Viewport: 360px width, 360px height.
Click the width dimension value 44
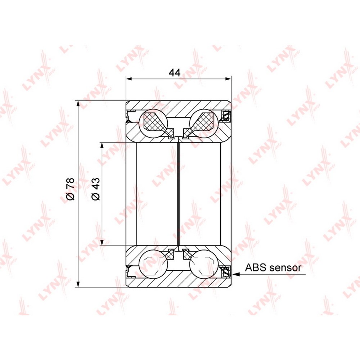pyautogui.click(x=175, y=73)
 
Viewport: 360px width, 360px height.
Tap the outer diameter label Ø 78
pyautogui.click(x=70, y=189)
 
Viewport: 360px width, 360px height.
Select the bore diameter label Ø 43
pyautogui.click(x=96, y=189)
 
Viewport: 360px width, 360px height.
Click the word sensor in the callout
pyautogui.click(x=284, y=268)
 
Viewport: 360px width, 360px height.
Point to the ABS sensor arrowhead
pyautogui.click(x=236, y=274)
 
